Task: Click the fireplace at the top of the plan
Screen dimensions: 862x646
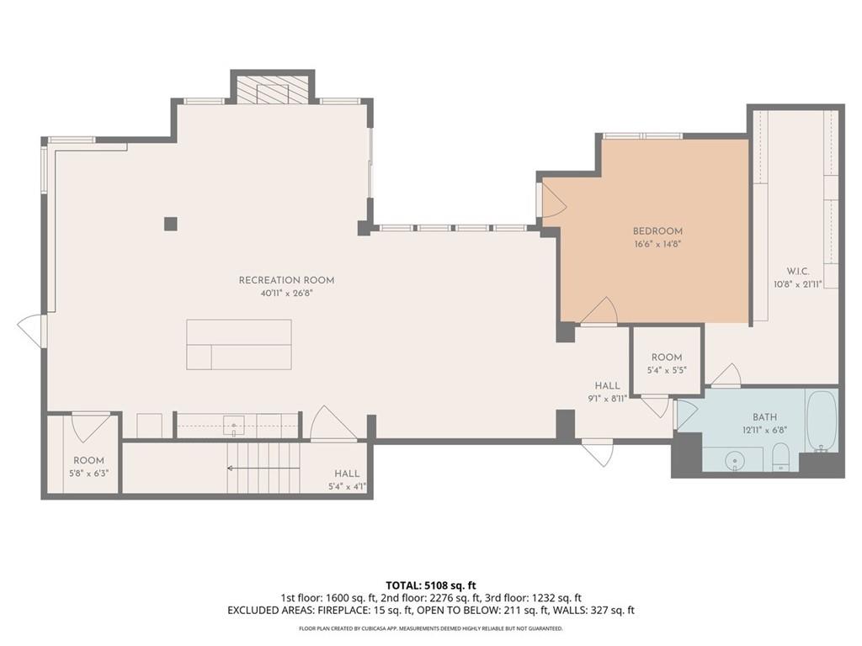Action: coord(272,87)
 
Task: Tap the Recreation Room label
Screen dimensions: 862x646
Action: coord(286,280)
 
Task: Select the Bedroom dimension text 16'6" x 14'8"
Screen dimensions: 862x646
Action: coord(657,245)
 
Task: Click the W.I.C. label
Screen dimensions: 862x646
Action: coord(798,271)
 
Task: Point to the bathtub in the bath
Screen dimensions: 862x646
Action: coord(822,421)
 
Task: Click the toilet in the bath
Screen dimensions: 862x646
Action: coord(780,457)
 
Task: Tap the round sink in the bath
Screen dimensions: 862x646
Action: coord(734,460)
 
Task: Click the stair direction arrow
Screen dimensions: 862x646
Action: coord(263,469)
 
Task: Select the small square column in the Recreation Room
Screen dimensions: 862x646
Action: coord(170,224)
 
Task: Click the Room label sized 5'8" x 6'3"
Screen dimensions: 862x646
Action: coord(88,460)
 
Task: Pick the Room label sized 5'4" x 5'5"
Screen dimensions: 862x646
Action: coord(667,357)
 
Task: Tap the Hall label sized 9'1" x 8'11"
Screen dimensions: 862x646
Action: coord(608,385)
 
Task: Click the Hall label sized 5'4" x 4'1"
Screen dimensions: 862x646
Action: coord(347,474)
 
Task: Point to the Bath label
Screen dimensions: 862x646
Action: coord(764,417)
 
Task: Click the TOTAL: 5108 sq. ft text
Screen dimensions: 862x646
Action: coord(427,585)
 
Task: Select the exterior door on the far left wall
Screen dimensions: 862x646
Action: coord(32,331)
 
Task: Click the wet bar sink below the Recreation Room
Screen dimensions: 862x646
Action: coord(234,425)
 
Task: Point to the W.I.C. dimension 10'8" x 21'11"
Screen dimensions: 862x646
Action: coord(798,284)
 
